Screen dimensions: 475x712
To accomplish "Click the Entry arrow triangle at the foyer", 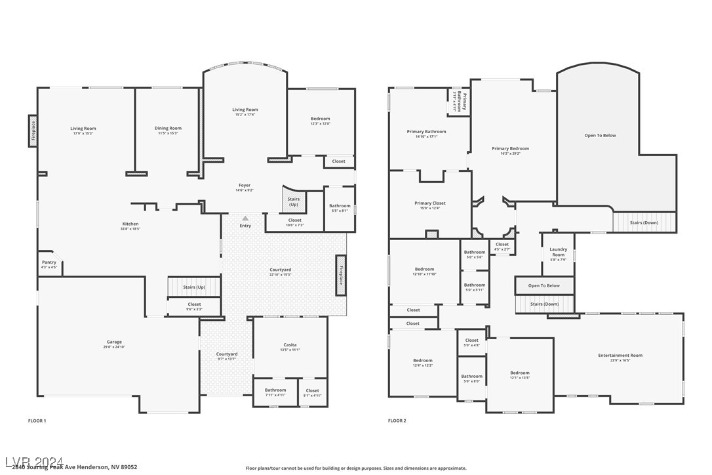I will coord(245,218).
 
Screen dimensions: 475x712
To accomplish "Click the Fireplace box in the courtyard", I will coord(341,275).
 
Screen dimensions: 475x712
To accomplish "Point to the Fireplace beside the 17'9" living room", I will coord(33,131).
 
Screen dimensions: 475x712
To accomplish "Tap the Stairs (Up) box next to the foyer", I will coord(294,201).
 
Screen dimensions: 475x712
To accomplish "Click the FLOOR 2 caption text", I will coord(397,421).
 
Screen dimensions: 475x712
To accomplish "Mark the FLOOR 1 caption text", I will coord(37,421).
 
